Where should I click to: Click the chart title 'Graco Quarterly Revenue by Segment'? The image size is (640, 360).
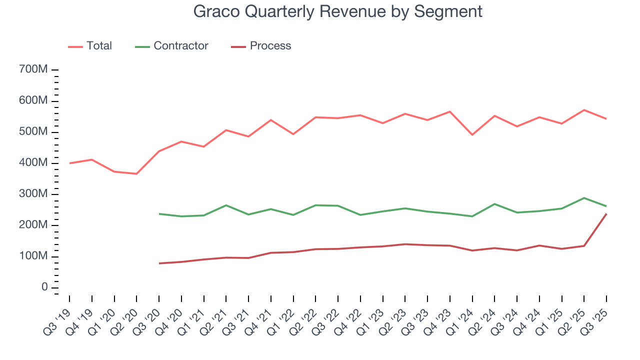[x=338, y=11]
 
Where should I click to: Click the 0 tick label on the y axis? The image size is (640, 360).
[x=44, y=287]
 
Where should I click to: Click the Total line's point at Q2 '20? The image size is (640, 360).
[x=136, y=173]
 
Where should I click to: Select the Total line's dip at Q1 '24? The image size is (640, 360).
[x=472, y=135]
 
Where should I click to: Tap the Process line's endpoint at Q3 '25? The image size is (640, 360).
[x=606, y=214]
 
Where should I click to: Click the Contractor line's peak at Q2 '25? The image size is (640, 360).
[x=584, y=198]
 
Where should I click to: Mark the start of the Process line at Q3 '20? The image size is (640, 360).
[x=159, y=263]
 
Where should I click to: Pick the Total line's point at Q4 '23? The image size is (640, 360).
[x=450, y=111]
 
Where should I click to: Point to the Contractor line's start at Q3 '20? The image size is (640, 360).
[x=159, y=214]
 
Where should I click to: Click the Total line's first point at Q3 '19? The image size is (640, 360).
[x=69, y=163]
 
